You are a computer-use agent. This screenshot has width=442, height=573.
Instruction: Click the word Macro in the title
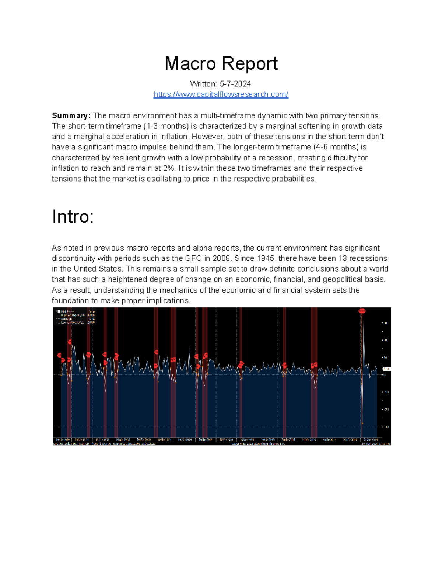pyautogui.click(x=190, y=63)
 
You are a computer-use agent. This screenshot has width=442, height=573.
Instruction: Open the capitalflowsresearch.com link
pyautogui.click(x=221, y=94)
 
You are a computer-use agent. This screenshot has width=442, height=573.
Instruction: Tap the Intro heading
pyautogui.click(x=73, y=217)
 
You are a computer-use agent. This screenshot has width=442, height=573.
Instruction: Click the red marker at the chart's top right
pyautogui.click(x=362, y=311)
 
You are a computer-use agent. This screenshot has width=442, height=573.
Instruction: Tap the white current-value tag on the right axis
pyautogui.click(x=386, y=369)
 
